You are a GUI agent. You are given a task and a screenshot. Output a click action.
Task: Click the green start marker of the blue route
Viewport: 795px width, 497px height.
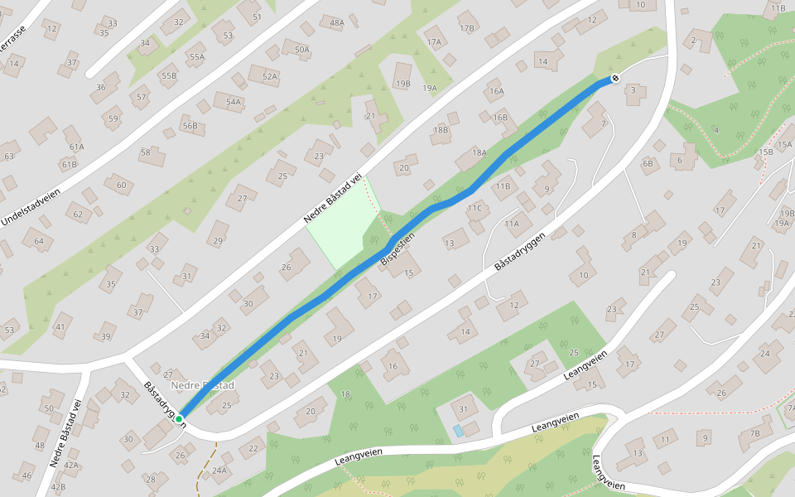pos(179,419)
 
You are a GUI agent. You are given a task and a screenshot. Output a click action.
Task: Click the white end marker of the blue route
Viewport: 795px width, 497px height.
pos(615,79)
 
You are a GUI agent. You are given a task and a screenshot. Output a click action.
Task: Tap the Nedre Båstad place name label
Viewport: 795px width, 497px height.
pos(203,386)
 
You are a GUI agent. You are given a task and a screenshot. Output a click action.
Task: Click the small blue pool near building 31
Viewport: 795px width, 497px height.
pos(459,431)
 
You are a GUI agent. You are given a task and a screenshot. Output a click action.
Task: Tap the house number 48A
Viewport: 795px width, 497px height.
pos(337,23)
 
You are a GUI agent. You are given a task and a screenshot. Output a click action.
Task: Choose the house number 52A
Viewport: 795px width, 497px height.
pos(269,77)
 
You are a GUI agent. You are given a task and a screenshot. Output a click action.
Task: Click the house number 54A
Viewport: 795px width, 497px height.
pos(234,103)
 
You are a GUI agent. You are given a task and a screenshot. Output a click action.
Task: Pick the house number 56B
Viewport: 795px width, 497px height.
pos(190,127)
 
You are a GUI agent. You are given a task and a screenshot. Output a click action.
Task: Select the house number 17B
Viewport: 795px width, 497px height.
pos(467,28)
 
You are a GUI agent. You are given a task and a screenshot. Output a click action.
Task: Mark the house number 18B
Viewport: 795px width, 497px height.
pos(441,130)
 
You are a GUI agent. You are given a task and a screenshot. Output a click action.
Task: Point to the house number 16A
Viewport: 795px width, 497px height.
pos(496,92)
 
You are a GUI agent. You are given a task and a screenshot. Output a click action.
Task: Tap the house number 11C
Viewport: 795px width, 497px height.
pos(474,208)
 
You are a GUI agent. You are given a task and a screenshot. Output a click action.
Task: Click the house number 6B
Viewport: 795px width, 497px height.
pos(648,163)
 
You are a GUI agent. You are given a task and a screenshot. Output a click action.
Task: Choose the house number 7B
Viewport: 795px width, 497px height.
pos(754,433)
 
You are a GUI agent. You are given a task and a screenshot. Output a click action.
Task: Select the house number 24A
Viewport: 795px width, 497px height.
pos(219,470)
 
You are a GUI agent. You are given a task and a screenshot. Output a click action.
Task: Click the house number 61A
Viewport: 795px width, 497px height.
pos(77,147)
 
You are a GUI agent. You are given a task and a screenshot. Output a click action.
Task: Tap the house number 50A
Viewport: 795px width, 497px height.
pos(301,50)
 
